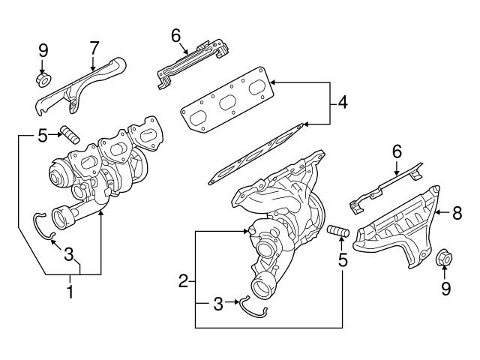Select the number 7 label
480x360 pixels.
(x=94, y=46)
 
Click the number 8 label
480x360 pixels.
(x=457, y=213)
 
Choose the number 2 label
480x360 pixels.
(x=182, y=281)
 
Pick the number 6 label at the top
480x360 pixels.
(x=175, y=34)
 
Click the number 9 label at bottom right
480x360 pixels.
(x=445, y=287)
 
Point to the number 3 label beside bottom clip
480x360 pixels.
(x=217, y=304)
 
